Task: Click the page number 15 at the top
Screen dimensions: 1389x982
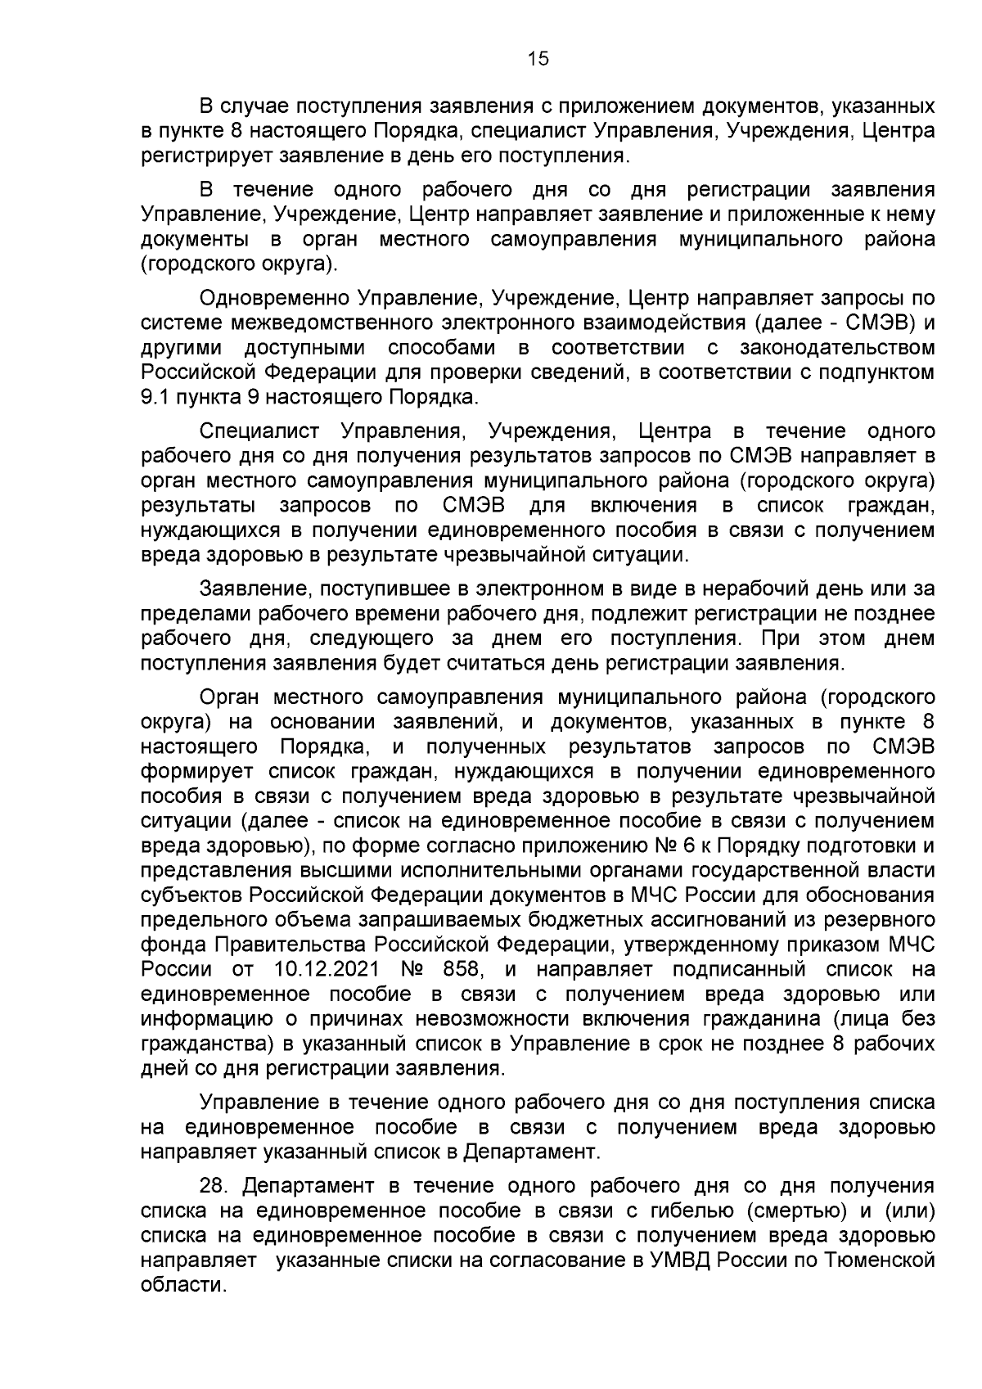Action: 538,58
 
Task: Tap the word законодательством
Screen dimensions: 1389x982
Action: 837,347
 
